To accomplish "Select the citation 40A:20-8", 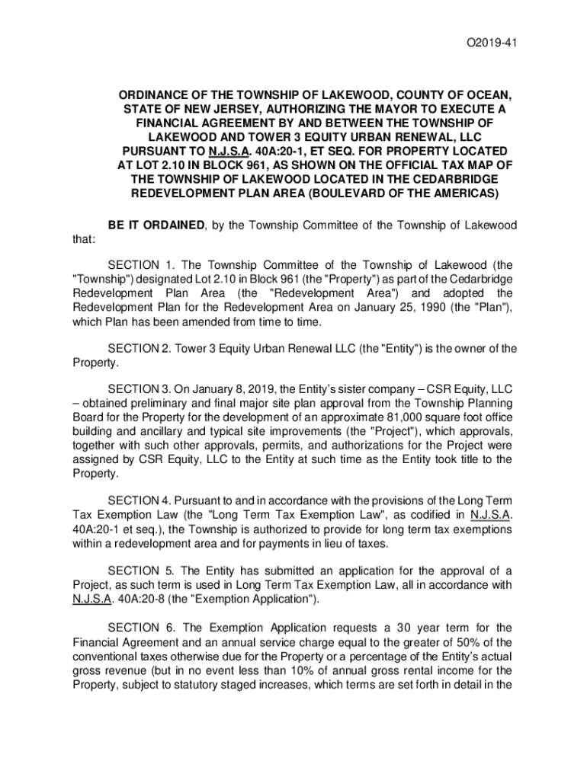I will point(146,598).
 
